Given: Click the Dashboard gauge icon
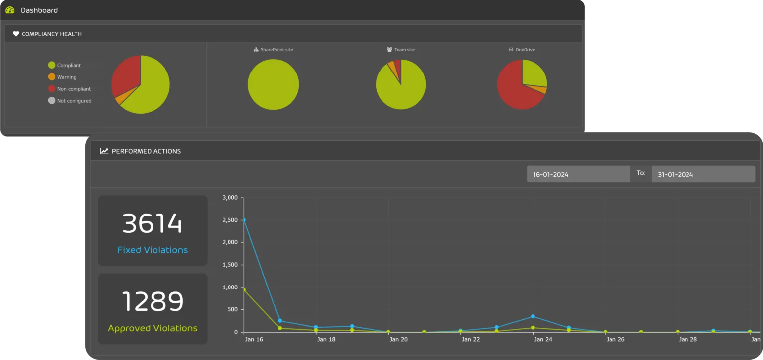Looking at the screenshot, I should pos(10,10).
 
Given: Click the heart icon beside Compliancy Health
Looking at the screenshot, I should pos(16,34).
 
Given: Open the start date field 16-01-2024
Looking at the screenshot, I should pos(578,174).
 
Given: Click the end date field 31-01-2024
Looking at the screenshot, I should pos(703,174).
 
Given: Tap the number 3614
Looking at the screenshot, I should pos(153,223).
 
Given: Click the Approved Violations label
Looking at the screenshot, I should pos(153,328).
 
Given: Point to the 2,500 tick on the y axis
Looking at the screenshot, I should pos(231,220).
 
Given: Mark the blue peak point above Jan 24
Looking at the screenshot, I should pos(533,316).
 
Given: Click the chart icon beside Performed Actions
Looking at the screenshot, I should pos(104,151).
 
